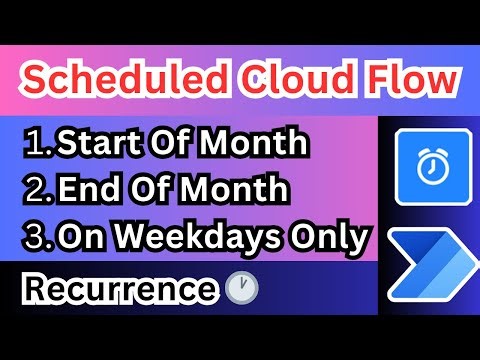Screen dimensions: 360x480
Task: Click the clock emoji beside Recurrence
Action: coord(241,289)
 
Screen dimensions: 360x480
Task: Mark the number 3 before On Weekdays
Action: coord(36,239)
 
